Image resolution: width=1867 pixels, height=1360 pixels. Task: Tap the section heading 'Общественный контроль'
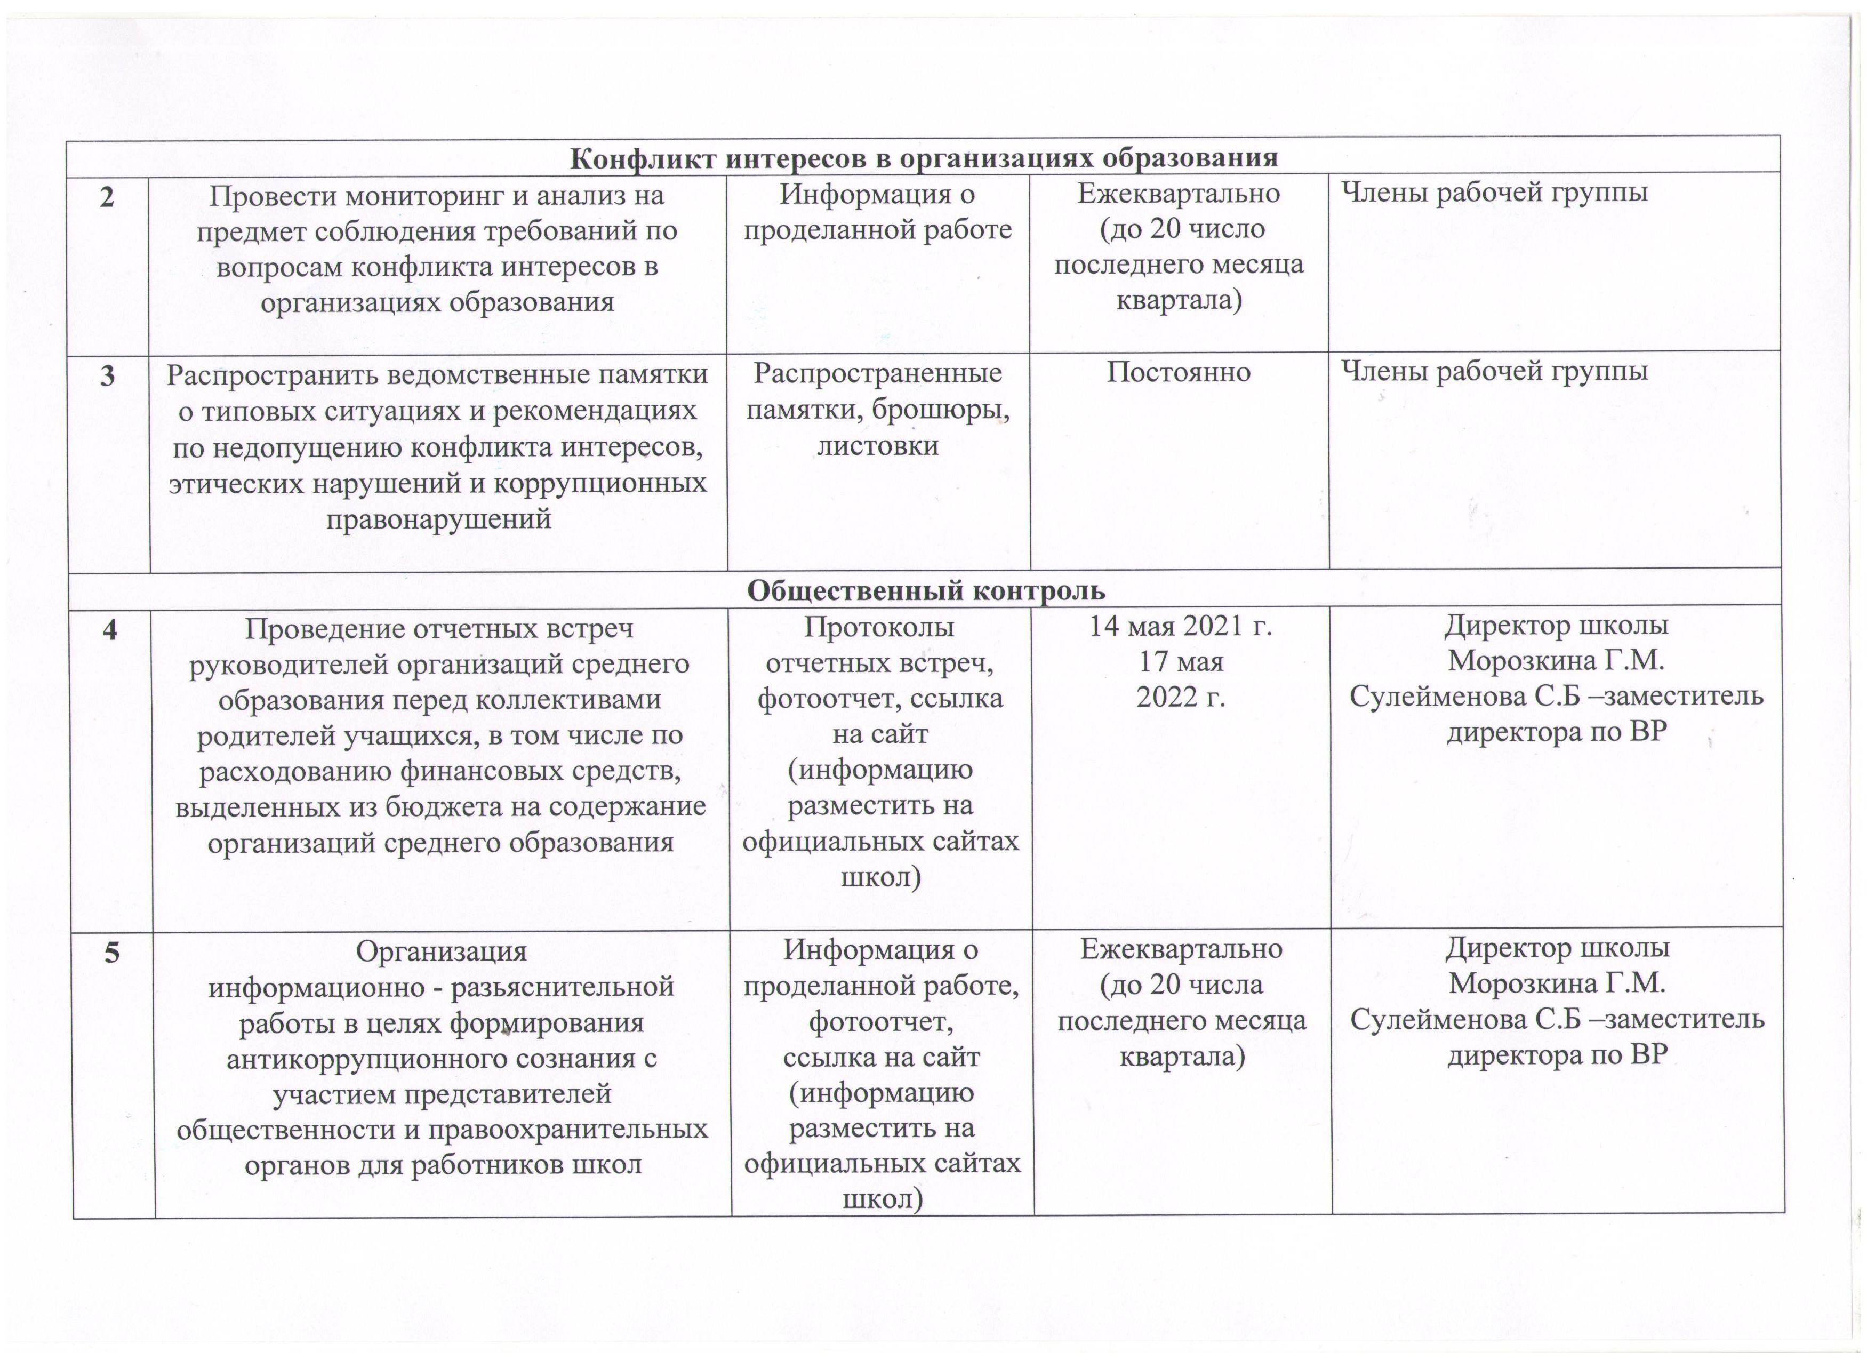(x=926, y=590)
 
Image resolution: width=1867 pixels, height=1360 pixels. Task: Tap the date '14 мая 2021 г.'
(x=1181, y=627)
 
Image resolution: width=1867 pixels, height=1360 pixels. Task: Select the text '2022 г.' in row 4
(x=1181, y=697)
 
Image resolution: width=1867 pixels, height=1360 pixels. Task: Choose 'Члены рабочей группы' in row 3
(x=1494, y=372)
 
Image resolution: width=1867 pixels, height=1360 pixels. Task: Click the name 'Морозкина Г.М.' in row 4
(x=1556, y=660)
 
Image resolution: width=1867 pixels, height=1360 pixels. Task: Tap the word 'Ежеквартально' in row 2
(x=1179, y=194)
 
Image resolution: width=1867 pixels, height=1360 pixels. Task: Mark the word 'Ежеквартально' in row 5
(x=1181, y=949)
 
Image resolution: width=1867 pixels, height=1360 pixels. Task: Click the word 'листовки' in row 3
(x=878, y=446)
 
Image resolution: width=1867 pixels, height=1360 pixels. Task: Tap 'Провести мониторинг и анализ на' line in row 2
(x=437, y=196)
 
